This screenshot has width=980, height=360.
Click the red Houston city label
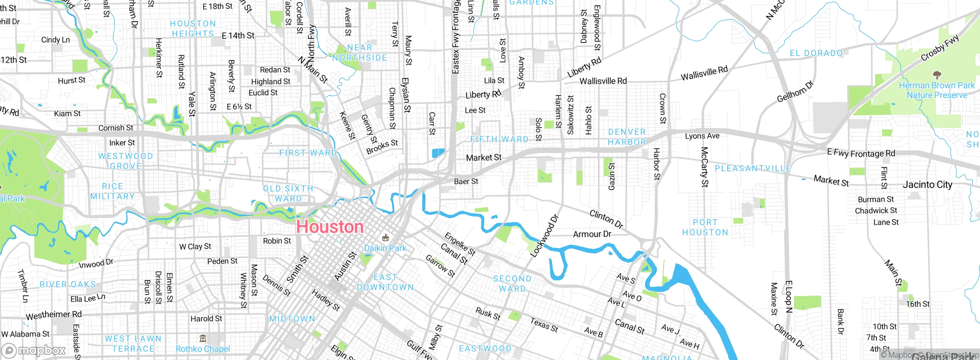(x=330, y=227)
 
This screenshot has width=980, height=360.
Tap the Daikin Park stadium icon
(x=385, y=238)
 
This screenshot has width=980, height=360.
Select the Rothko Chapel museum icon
(x=203, y=338)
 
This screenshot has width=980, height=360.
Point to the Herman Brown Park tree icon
(x=937, y=75)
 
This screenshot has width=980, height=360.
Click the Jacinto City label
(x=927, y=185)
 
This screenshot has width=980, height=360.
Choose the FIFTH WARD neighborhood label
(x=499, y=139)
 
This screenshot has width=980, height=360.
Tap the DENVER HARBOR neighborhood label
(x=627, y=137)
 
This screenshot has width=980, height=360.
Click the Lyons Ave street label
(x=702, y=136)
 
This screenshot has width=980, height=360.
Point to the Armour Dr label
(x=592, y=234)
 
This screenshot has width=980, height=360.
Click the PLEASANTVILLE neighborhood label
(x=753, y=169)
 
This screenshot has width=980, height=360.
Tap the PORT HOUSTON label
(x=705, y=227)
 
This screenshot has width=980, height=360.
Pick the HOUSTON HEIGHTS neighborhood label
(x=193, y=29)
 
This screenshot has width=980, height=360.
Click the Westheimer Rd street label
(x=54, y=315)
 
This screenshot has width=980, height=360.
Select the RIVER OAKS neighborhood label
(x=68, y=284)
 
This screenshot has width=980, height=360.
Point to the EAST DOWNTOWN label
(x=385, y=282)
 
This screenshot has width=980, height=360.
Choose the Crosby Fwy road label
(x=940, y=48)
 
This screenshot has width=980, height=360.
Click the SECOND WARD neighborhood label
(x=512, y=283)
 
